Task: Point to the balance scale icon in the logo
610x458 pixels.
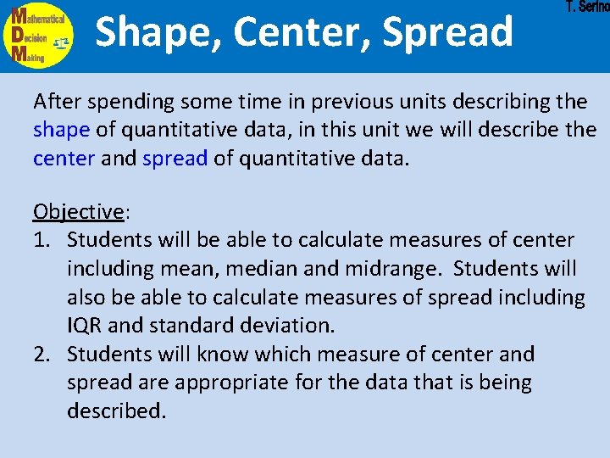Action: [x=61, y=41]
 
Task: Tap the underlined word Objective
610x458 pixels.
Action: [x=77, y=212]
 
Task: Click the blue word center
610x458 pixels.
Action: [x=64, y=159]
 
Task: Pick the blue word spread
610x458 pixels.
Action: [x=175, y=159]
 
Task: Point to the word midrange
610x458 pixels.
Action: [x=398, y=269]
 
